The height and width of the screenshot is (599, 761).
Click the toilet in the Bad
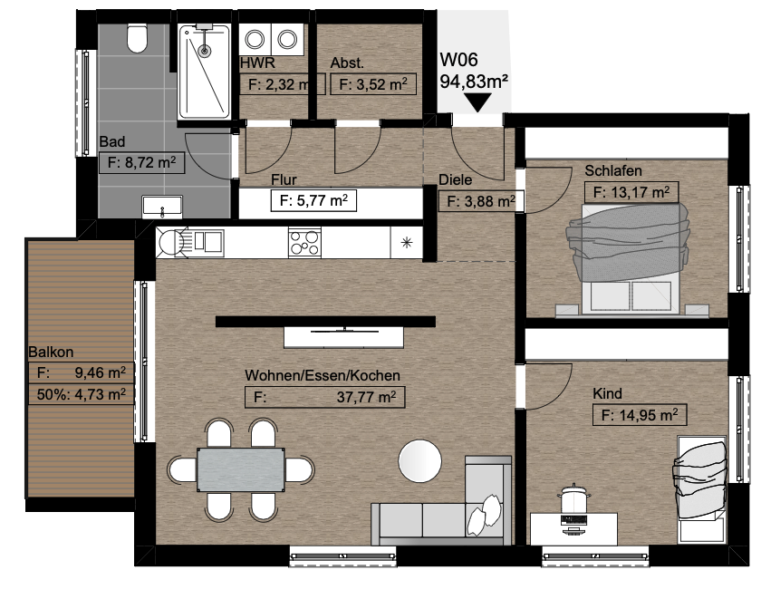tap(137, 38)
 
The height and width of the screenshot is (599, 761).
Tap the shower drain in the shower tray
tap(205, 50)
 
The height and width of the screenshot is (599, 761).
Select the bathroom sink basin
tap(162, 207)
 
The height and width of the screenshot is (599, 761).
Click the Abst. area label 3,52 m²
tap(372, 84)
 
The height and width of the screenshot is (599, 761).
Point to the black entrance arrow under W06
tap(477, 102)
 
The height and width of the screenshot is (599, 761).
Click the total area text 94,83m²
tap(474, 81)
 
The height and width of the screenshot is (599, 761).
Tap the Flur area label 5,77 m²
tap(313, 200)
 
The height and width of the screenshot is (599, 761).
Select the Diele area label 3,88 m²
tap(481, 200)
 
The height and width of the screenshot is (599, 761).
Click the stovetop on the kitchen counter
tap(304, 242)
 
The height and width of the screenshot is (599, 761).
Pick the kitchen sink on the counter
tap(191, 241)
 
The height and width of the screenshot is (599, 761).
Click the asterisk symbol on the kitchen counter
tap(407, 242)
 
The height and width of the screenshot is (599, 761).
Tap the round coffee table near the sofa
tap(420, 461)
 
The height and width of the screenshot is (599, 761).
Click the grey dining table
tap(241, 469)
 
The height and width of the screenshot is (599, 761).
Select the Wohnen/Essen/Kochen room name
tap(323, 375)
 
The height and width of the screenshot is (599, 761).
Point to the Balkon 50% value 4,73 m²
tap(82, 394)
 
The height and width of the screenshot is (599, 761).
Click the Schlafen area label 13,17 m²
tap(631, 192)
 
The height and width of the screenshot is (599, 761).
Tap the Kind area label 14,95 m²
tap(640, 415)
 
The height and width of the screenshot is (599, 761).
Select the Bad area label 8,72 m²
tap(141, 162)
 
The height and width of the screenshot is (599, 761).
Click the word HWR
tap(257, 63)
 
